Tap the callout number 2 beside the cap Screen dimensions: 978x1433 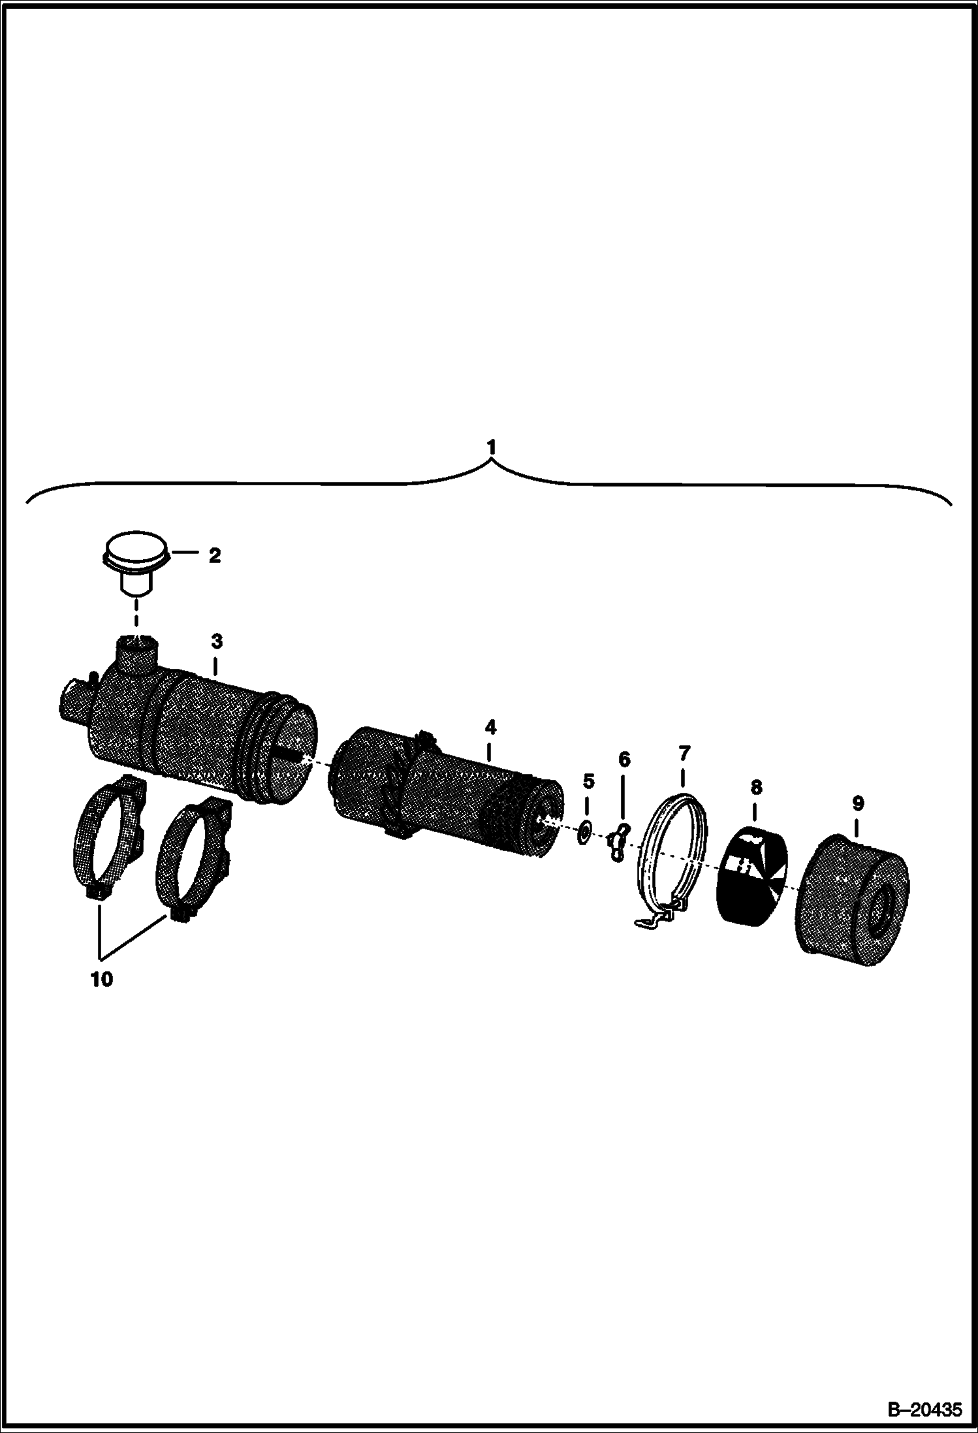point(214,556)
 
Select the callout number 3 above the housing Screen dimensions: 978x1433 point(217,642)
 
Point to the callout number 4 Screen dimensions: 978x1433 point(490,727)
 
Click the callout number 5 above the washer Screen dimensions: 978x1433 point(588,781)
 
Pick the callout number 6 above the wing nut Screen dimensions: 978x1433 point(624,760)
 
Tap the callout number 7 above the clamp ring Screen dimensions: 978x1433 point(684,754)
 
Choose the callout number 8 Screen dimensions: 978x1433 point(756,788)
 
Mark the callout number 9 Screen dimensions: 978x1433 point(857,803)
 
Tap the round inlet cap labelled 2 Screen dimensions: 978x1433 point(137,563)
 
